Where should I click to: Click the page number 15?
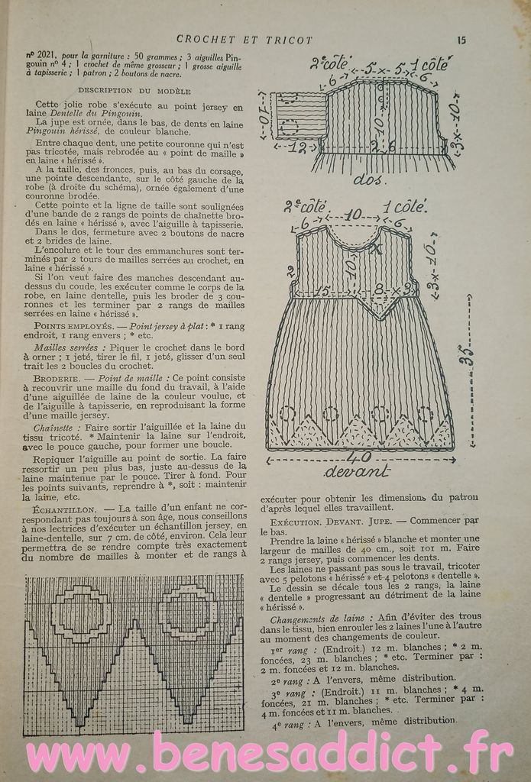(461, 40)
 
